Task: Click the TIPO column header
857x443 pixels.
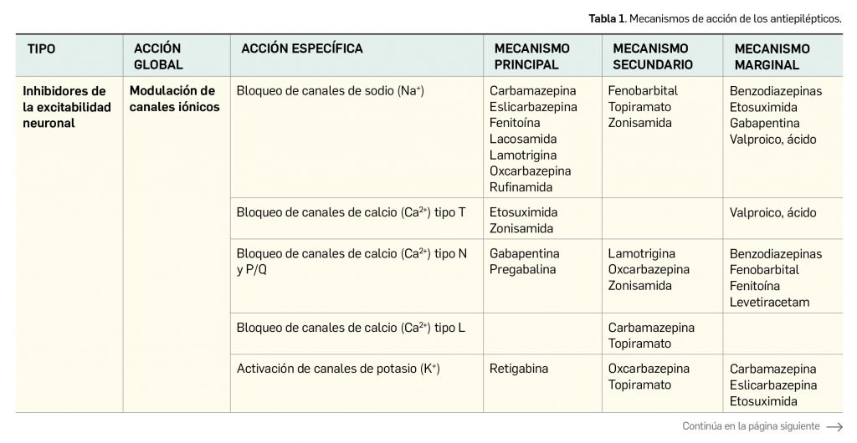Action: [42, 49]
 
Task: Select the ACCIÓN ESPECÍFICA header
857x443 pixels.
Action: [302, 49]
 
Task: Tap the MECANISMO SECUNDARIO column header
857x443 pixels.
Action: [653, 57]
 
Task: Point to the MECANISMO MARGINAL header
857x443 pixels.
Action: [772, 57]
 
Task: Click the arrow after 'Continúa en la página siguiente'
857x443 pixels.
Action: [834, 425]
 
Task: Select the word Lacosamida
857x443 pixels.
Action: [523, 139]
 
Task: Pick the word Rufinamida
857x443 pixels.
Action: [521, 187]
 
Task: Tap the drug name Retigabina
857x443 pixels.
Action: [519, 369]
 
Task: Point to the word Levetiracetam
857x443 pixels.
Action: [769, 302]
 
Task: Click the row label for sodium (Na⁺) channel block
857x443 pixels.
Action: [331, 90]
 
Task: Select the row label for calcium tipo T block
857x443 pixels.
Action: [346, 212]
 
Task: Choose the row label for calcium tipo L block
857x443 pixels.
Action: [346, 328]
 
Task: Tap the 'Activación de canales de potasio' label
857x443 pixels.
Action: [338, 369]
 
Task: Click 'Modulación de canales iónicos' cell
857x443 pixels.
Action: [174, 99]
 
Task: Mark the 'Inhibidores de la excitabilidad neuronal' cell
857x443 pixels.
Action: [64, 107]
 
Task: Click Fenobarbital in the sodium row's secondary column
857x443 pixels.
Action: [643, 90]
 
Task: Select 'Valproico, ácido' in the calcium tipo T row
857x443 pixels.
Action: [772, 212]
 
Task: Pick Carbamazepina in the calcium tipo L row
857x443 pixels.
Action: [651, 328]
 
